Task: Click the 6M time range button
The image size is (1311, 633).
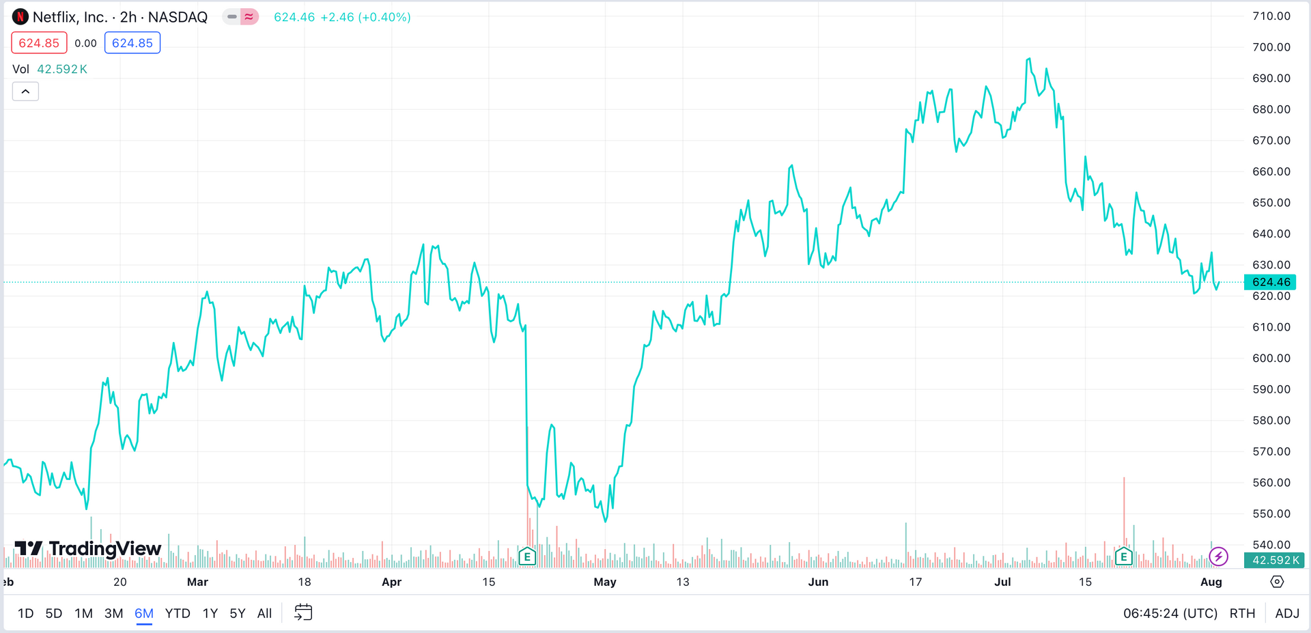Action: point(143,613)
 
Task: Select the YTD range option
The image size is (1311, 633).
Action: point(178,613)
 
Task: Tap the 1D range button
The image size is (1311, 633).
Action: point(25,613)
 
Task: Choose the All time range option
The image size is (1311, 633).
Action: point(264,613)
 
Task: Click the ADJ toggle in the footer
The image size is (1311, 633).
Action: point(1287,613)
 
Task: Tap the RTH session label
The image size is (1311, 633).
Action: point(1242,613)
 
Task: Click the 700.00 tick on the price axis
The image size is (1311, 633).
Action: point(1271,47)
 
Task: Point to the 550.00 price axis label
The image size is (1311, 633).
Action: point(1271,514)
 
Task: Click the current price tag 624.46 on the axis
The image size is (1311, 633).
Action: point(1270,282)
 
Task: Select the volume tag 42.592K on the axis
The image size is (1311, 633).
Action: point(1275,560)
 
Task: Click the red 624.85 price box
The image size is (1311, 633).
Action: point(39,43)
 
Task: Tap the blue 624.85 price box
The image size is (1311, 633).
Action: point(132,43)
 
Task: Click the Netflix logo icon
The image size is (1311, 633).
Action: point(20,17)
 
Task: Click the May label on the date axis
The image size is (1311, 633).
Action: point(605,582)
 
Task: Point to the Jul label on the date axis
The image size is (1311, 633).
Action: point(1002,582)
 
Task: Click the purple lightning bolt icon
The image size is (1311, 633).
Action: point(1218,557)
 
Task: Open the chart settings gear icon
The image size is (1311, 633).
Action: point(1277,582)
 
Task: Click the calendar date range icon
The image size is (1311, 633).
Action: point(303,613)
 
